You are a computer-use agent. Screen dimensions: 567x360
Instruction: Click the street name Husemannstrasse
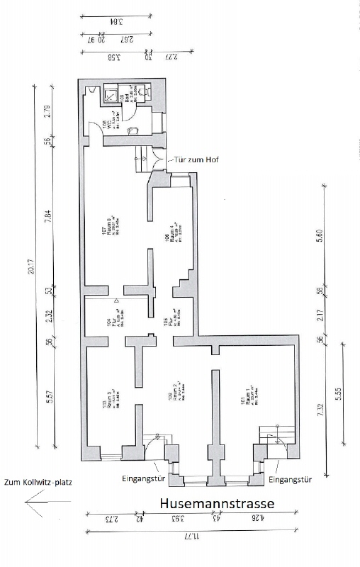(216, 504)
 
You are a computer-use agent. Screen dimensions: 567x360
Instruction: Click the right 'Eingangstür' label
(291, 479)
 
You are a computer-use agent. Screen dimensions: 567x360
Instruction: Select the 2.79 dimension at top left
(47, 111)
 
